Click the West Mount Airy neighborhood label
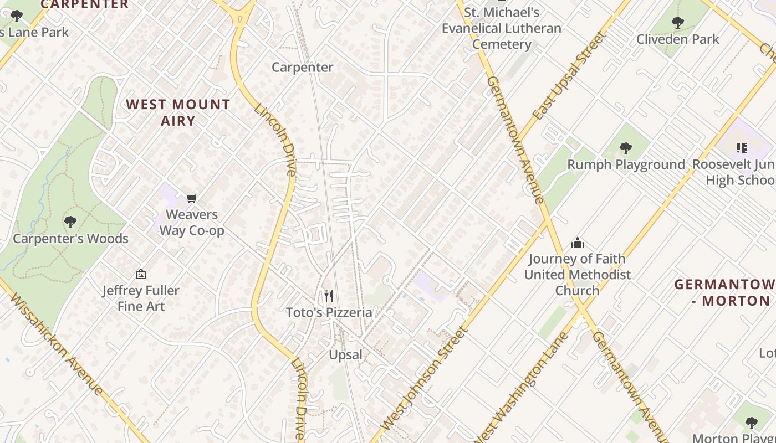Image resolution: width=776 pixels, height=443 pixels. (178, 112)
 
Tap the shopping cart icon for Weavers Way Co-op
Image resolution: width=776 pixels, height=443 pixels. (192, 198)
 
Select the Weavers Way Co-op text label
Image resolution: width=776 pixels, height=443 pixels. (192, 222)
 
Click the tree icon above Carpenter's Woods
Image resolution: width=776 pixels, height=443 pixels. (70, 222)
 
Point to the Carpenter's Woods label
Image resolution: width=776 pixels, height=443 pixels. (70, 239)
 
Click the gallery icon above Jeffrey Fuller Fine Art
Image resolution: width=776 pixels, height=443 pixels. (141, 274)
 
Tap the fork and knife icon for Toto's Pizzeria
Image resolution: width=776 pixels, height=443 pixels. (329, 296)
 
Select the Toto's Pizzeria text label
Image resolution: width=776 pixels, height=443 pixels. (329, 312)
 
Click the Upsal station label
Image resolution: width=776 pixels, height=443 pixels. (345, 355)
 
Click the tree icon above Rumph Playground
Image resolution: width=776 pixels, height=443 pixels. (626, 148)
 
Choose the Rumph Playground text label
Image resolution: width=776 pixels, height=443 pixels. (626, 164)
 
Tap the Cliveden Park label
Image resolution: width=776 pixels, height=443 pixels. (677, 39)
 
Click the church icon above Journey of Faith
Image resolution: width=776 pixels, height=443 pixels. (578, 243)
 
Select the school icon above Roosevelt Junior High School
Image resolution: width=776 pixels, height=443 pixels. (742, 148)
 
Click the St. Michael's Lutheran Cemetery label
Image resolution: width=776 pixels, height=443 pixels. (501, 28)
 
